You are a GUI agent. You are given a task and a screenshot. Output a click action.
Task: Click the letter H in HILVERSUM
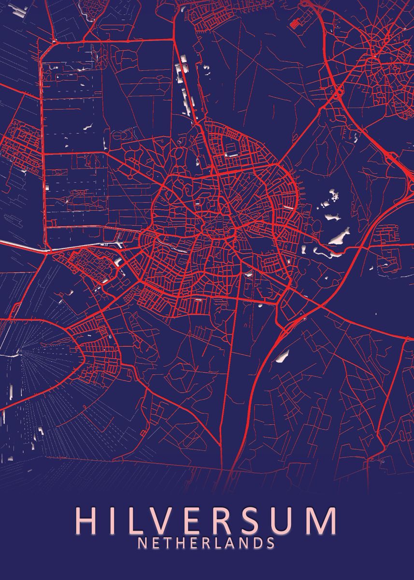point(87,521)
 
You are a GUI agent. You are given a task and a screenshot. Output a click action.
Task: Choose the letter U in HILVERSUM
point(291,521)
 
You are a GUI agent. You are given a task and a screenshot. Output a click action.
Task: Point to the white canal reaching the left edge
point(24,246)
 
